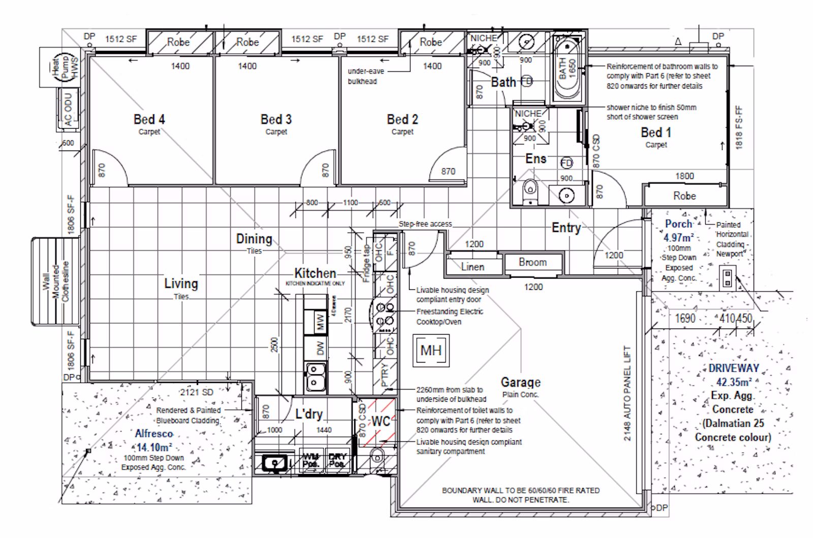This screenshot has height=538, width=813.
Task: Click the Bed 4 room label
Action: coord(149,119)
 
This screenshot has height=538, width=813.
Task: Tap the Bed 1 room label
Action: coord(655,133)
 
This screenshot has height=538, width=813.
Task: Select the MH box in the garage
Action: coord(431,350)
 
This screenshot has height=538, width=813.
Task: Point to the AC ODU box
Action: coord(69,107)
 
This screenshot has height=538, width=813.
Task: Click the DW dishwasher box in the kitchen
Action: coord(320,348)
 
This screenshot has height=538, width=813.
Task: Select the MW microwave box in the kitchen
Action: coord(320,322)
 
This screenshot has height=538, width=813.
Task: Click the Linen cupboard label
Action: coord(473,266)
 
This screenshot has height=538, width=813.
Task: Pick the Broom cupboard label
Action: coord(533,262)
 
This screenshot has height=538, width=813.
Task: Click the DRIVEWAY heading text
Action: coord(734,368)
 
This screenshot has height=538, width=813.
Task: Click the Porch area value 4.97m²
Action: coord(679,237)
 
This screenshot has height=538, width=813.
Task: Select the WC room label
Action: coord(381,421)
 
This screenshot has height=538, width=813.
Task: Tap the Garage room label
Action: coord(520,382)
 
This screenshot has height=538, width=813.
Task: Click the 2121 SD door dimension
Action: coord(197,392)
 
